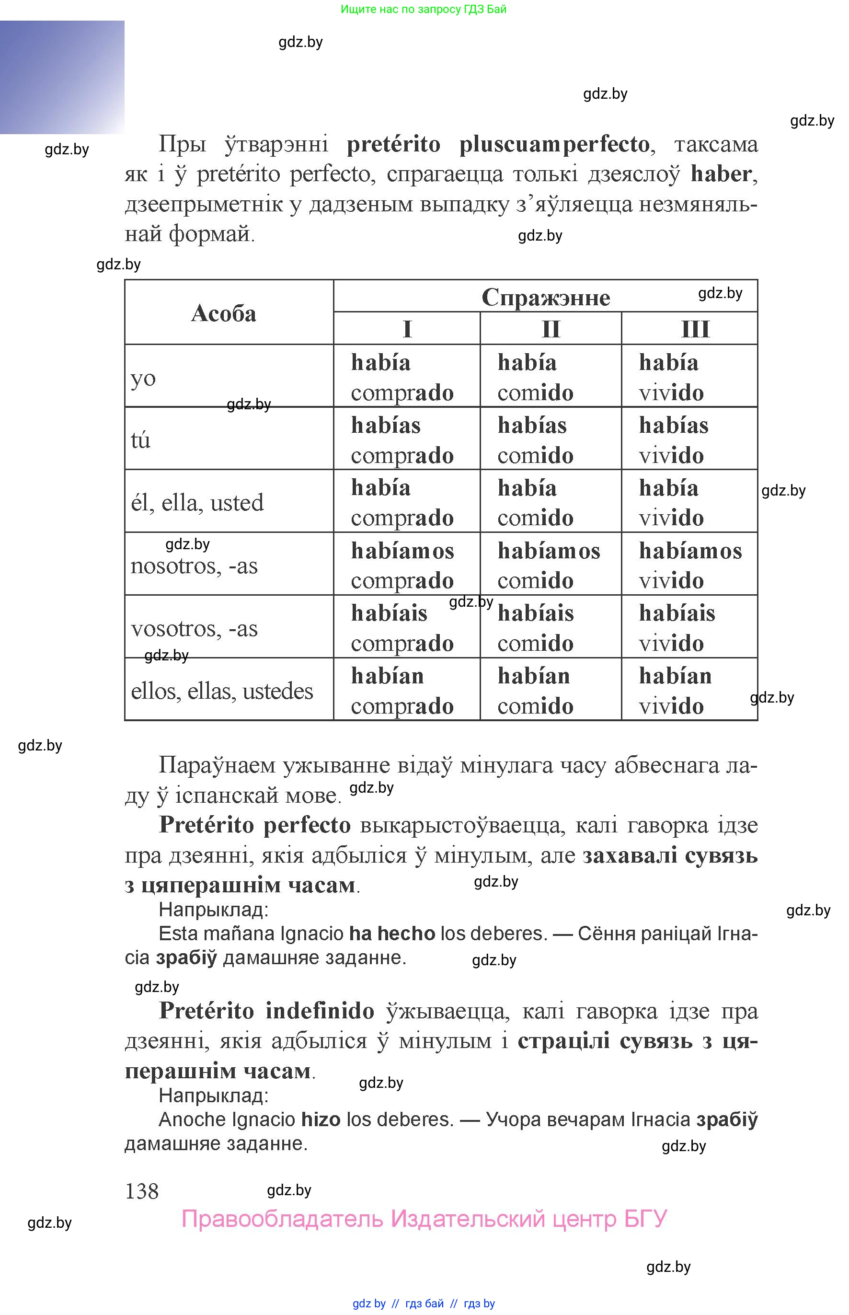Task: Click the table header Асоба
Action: (223, 313)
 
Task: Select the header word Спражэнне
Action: (545, 297)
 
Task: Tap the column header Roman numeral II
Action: (551, 329)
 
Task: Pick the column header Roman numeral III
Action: (695, 329)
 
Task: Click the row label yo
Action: (143, 378)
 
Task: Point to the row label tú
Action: (140, 440)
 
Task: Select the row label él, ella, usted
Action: (197, 502)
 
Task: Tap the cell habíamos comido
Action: (549, 565)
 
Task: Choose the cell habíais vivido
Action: (677, 628)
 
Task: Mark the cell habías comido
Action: (535, 440)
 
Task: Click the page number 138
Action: (142, 1191)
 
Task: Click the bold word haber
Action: (721, 174)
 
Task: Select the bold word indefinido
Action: (320, 1011)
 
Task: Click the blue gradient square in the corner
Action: (62, 77)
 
